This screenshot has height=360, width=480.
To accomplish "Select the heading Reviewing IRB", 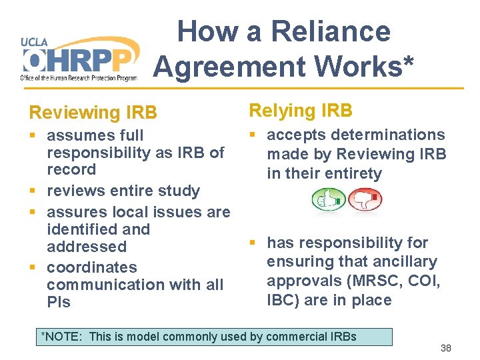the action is [x=93, y=113].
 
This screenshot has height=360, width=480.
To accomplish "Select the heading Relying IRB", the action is [x=301, y=110].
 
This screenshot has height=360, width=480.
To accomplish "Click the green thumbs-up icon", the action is [x=329, y=199].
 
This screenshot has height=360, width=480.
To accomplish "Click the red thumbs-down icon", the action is [x=364, y=199].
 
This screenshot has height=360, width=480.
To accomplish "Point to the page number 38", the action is [x=446, y=348].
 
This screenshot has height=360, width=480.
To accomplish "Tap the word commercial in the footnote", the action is [x=298, y=336].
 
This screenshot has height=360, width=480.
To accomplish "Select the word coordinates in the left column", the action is [x=91, y=267].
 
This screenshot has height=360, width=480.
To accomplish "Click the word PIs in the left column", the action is [x=59, y=302].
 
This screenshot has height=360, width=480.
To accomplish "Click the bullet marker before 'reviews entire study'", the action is [x=33, y=191].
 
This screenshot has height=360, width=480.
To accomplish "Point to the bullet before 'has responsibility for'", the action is [x=253, y=243].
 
